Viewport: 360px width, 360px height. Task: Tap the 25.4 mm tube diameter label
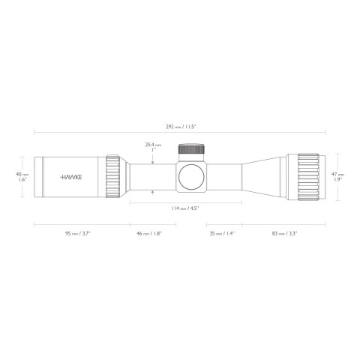154,145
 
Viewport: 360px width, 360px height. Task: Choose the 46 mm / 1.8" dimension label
149,234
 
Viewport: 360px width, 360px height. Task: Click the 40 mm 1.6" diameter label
22,177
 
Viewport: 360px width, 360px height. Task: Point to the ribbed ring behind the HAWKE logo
113,177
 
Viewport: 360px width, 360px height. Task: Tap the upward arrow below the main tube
154,193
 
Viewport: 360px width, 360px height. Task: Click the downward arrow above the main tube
154,160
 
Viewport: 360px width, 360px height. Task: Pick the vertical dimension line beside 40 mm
31,177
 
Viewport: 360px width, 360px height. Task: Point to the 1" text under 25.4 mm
154,151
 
